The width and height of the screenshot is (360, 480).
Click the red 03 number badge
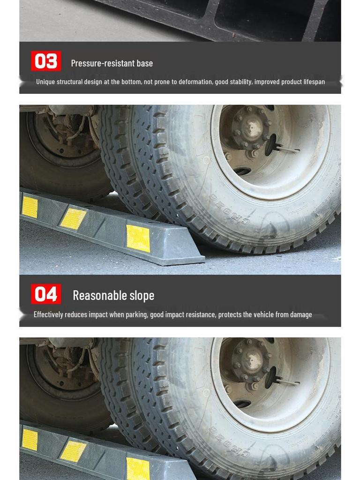pos(46,61)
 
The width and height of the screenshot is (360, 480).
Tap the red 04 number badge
pos(46,294)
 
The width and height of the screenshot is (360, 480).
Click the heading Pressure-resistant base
pos(112,63)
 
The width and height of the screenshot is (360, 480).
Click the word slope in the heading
pos(142,295)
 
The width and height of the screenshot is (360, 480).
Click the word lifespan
pos(314,82)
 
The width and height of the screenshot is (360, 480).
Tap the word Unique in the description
pos(45,82)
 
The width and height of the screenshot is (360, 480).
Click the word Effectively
pos(48,315)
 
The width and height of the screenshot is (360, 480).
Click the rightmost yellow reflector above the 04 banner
pos(138,238)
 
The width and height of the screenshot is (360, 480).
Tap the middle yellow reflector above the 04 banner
pos(73,218)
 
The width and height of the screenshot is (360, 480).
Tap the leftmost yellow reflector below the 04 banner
pos(30,440)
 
